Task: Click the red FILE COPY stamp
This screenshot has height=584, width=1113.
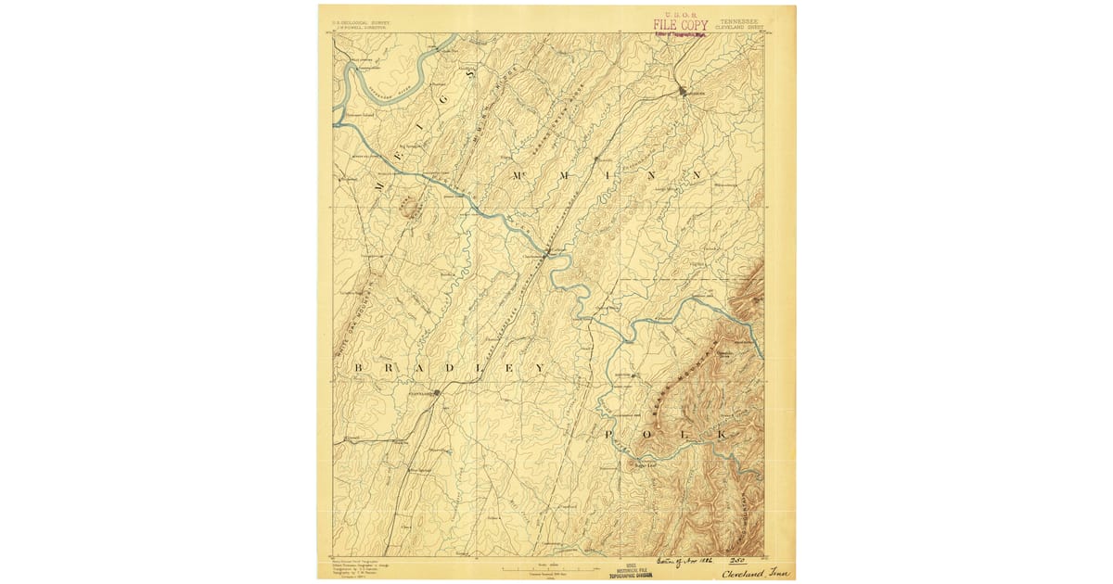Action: click(681, 24)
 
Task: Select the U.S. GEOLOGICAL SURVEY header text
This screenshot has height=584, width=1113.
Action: click(354, 19)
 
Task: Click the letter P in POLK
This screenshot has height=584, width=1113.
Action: click(609, 434)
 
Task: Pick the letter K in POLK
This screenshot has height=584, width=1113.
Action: click(723, 434)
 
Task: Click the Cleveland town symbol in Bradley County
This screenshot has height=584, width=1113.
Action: click(438, 392)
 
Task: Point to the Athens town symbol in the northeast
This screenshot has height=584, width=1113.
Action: click(684, 92)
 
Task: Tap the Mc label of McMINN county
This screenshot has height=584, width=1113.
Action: click(517, 174)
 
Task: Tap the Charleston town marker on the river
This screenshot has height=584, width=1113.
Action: click(548, 250)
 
